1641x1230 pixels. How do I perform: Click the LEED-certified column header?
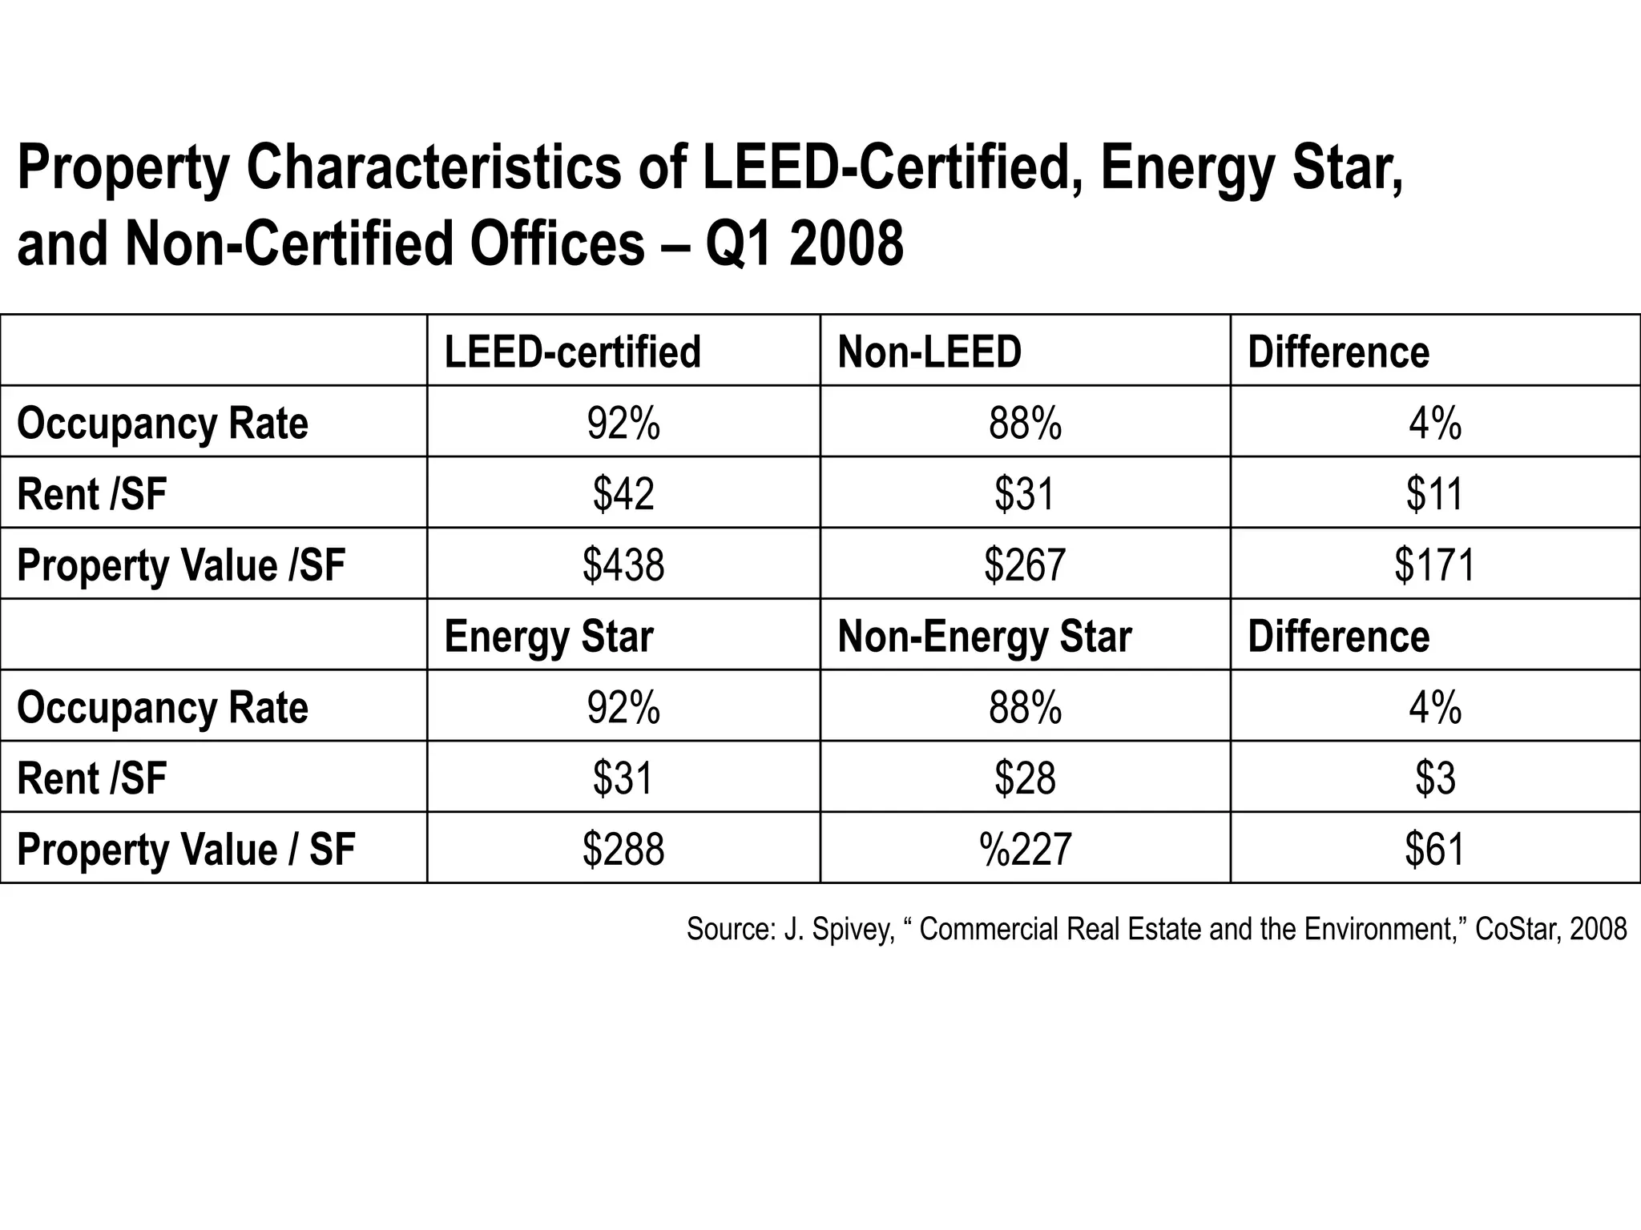(572, 352)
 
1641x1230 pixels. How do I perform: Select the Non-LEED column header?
(929, 352)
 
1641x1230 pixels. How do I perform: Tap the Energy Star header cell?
(549, 637)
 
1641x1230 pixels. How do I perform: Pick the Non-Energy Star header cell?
(984, 637)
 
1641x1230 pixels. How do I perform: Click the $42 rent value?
(623, 493)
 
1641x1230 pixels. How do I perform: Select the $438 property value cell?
(623, 565)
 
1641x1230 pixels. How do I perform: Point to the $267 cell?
(1025, 565)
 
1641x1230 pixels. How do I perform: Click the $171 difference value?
(1434, 565)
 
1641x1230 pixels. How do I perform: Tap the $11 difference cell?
(1434, 493)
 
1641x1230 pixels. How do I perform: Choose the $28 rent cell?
(1025, 778)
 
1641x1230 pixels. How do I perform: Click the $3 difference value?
(1434, 778)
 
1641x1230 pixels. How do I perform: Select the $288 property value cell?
(623, 850)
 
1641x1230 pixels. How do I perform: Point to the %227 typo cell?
(1025, 850)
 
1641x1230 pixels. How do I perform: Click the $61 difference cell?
(1434, 850)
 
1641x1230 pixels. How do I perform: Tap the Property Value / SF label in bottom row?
(185, 850)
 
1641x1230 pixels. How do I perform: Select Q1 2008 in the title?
(804, 244)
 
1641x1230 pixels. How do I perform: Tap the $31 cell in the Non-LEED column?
(1025, 493)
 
